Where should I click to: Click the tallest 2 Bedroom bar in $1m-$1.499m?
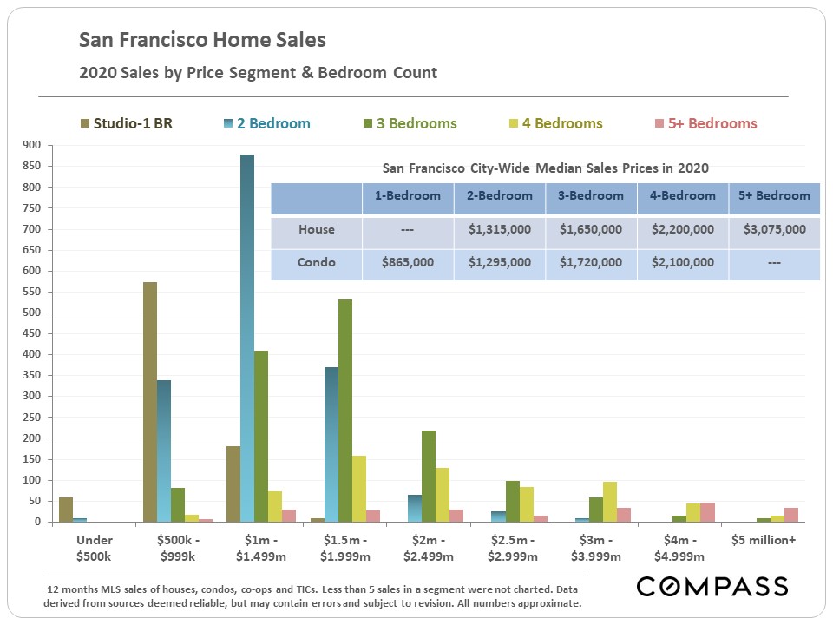247,339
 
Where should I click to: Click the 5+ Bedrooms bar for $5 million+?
791,514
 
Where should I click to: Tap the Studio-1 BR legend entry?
126,123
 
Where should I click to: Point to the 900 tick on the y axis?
33,145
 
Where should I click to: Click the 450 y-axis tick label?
33,333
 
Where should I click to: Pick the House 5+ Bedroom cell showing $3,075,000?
774,230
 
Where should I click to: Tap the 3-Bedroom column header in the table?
590,196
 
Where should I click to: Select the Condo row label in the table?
316,262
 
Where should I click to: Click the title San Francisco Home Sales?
203,40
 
